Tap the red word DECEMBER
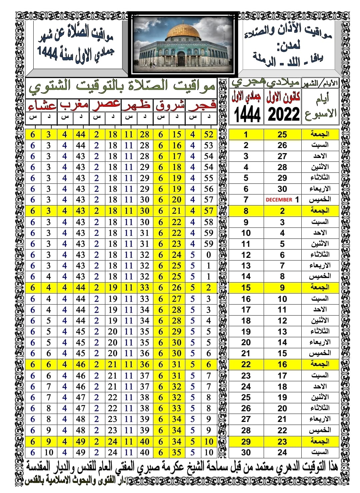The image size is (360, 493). pos(279,200)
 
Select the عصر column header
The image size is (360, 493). pos(106,104)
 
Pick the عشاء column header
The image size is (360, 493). pos(42,106)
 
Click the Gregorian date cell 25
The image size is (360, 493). pos(282,134)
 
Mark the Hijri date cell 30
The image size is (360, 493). pos(246,452)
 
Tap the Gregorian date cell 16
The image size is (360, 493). pos(282,364)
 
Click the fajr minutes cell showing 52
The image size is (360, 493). pos(209,134)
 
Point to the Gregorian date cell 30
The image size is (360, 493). pos(282,189)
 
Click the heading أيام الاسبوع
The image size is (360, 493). pos(321,106)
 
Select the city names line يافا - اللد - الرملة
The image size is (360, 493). pos(288,60)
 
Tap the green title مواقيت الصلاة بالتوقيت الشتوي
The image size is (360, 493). pos(122,87)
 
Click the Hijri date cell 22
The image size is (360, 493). pos(246,364)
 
